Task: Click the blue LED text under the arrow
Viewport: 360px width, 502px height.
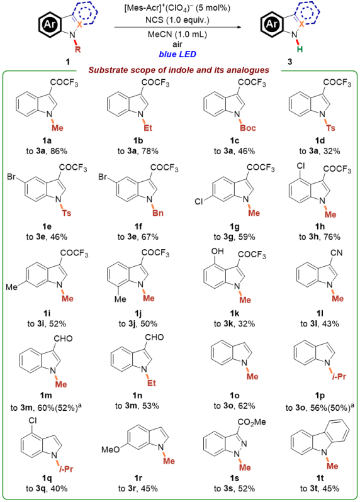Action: click(177, 54)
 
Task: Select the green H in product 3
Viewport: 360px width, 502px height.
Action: click(300, 49)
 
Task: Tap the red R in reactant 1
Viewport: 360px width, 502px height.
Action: click(78, 49)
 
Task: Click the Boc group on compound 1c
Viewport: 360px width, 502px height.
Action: click(248, 128)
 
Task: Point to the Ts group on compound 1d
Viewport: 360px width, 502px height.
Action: click(330, 128)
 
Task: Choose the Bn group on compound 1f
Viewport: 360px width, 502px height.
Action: click(158, 213)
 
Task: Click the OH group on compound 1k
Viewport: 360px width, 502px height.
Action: click(218, 252)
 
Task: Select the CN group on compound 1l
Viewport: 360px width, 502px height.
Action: click(337, 253)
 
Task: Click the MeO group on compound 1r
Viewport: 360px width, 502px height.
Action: click(111, 450)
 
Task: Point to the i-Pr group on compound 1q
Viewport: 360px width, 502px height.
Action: click(66, 469)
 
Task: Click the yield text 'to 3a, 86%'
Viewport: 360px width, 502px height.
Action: click(47, 151)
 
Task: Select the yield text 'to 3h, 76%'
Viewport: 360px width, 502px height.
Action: click(320, 237)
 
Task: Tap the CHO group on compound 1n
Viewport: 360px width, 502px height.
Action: click(154, 337)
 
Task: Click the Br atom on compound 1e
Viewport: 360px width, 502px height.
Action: click(11, 176)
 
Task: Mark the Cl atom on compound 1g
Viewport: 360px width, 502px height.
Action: click(199, 202)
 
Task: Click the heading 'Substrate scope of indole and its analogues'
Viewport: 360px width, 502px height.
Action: click(179, 70)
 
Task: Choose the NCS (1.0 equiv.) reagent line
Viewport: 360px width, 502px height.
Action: click(177, 20)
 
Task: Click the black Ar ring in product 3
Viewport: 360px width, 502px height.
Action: click(272, 25)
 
